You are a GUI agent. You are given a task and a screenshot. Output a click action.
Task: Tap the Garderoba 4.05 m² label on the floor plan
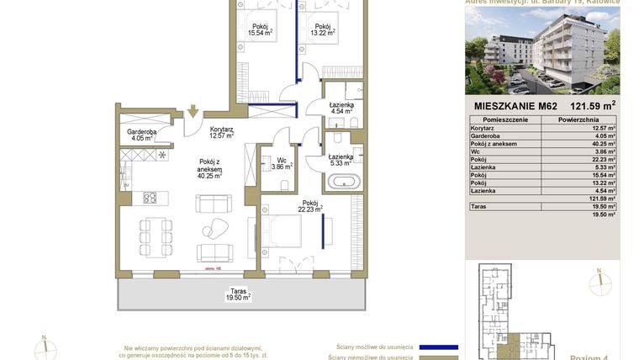[x=139, y=135]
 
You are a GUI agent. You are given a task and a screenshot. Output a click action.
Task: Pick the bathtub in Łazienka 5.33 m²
[x=344, y=181]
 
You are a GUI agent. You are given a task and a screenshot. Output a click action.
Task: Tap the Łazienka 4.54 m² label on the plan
[x=341, y=107]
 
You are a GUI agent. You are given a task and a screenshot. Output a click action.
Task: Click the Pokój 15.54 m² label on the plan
[x=260, y=30]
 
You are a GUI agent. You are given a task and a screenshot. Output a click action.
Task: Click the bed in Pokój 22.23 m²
[x=281, y=231]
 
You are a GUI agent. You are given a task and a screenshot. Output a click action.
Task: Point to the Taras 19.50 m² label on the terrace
[x=239, y=294]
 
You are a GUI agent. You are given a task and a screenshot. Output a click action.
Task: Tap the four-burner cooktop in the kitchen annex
[x=151, y=198]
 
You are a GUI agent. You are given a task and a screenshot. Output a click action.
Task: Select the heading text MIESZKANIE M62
[x=514, y=106]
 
